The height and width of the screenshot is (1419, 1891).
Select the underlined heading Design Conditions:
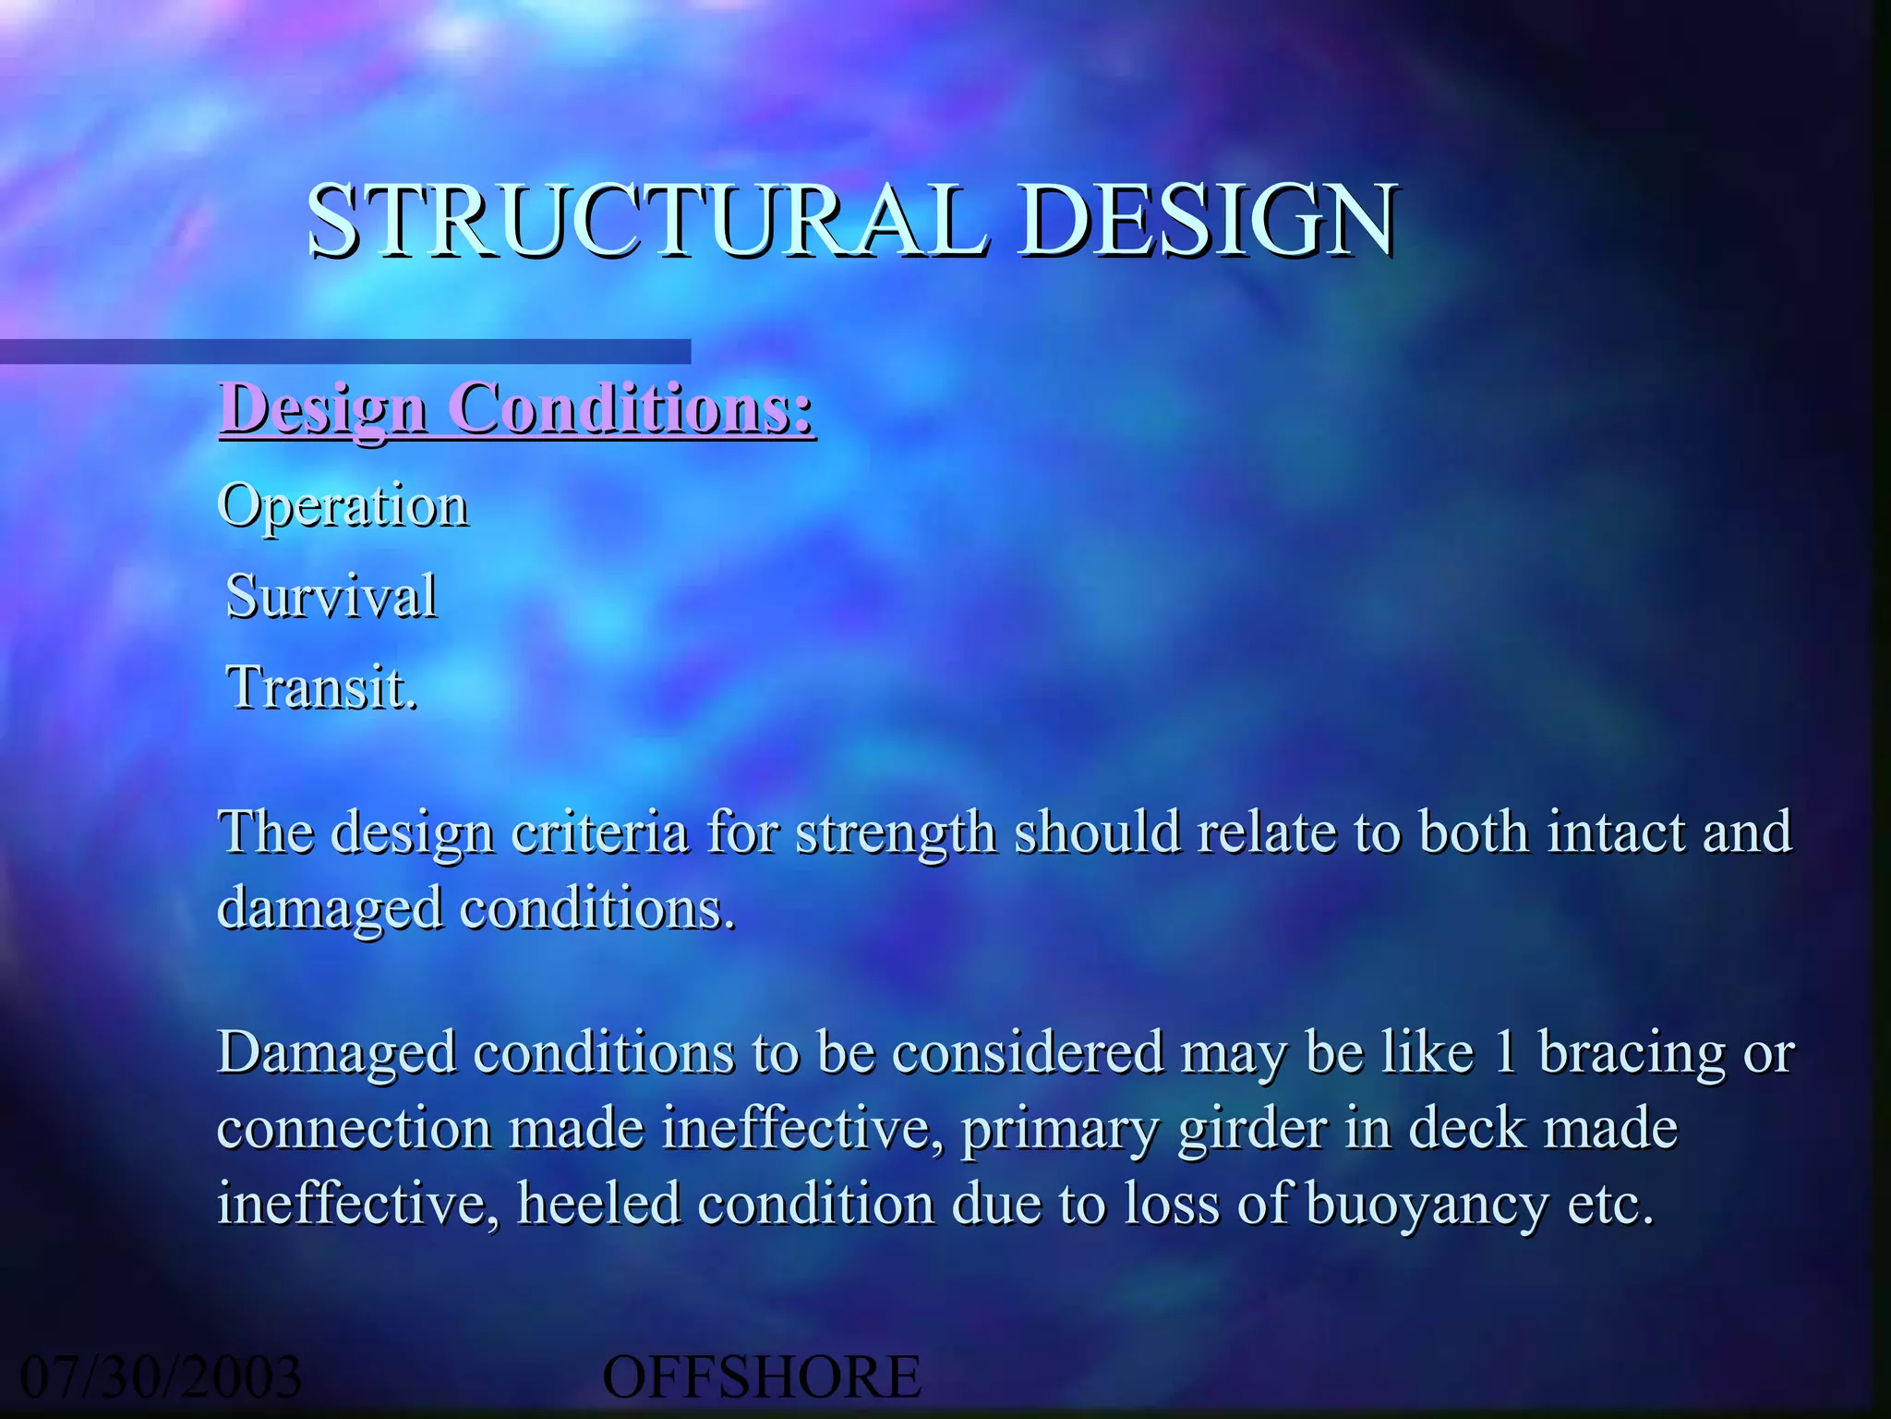(517, 408)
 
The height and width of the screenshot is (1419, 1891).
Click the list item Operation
(343, 506)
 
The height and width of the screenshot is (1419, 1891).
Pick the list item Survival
(331, 597)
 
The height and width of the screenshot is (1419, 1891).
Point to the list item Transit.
(322, 688)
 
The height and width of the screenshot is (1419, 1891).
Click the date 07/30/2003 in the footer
(161, 1377)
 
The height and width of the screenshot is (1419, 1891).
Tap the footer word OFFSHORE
(762, 1377)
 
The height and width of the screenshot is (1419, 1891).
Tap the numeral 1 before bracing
(1506, 1053)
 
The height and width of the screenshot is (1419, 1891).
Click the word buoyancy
(1427, 1207)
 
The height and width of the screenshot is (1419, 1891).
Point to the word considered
(1029, 1053)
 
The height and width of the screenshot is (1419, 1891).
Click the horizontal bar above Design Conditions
(345, 352)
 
